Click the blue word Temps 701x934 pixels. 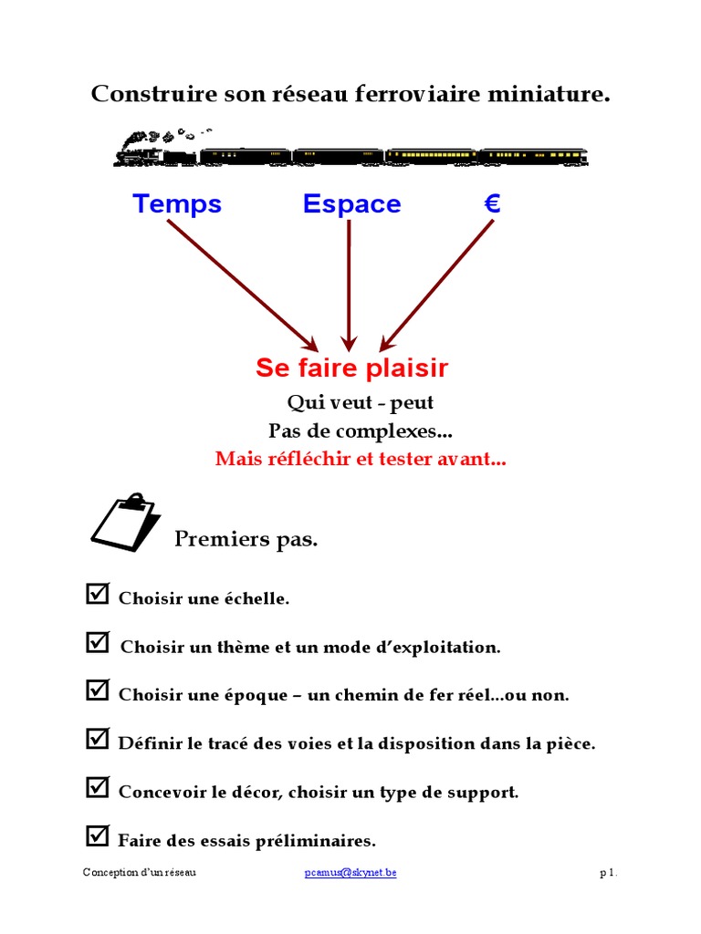pyautogui.click(x=177, y=203)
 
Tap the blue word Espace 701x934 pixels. pyautogui.click(x=351, y=204)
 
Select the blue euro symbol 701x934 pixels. pyautogui.click(x=492, y=203)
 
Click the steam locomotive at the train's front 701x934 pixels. pyautogui.click(x=154, y=150)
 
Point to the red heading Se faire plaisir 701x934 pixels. pyautogui.click(x=351, y=368)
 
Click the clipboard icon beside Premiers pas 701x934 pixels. pyautogui.click(x=123, y=523)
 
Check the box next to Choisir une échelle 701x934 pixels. pyautogui.click(x=97, y=595)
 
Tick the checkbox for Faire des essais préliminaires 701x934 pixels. pyautogui.click(x=97, y=835)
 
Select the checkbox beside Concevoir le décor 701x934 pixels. pyautogui.click(x=97, y=788)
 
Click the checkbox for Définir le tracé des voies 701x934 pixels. pyautogui.click(x=97, y=739)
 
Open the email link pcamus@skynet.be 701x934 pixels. pyautogui.click(x=350, y=873)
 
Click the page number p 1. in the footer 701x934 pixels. pyautogui.click(x=608, y=873)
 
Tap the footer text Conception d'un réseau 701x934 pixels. pyautogui.click(x=139, y=873)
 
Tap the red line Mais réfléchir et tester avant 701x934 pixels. pyautogui.click(x=361, y=459)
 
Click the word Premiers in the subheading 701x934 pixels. pyautogui.click(x=209, y=539)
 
